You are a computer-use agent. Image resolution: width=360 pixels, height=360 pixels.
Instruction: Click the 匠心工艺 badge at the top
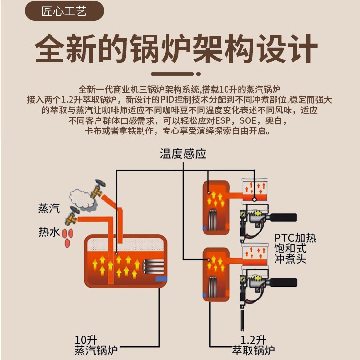point(64,11)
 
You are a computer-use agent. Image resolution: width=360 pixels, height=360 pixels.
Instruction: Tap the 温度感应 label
point(183,154)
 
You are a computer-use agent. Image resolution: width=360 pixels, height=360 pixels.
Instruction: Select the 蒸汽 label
point(49,208)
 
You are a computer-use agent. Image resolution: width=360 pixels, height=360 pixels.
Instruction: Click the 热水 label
point(49,232)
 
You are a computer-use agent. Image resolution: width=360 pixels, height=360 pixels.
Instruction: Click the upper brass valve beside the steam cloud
point(98,189)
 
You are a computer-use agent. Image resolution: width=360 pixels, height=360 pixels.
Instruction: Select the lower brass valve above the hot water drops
point(72,216)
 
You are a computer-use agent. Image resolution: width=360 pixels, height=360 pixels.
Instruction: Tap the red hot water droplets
point(68,238)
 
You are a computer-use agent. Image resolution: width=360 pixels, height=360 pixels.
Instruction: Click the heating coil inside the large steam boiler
point(153,266)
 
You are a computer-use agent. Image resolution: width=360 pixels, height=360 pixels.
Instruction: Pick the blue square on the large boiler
point(161,279)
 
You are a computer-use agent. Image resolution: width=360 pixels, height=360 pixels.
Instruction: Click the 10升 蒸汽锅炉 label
point(96,345)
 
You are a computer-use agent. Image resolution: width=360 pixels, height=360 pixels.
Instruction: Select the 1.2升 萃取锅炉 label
point(253,345)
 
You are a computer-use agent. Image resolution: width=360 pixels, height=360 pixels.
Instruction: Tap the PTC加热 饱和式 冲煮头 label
point(295,249)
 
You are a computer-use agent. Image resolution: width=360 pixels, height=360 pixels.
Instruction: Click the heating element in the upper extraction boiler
point(213,220)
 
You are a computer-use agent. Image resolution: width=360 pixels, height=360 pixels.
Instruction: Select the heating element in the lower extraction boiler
point(213,287)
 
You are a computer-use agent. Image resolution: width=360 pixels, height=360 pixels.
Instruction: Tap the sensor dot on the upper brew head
point(254,199)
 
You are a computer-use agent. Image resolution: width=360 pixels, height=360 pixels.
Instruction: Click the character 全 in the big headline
point(49,48)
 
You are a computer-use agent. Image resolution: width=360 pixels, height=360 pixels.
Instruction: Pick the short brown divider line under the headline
point(176,74)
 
